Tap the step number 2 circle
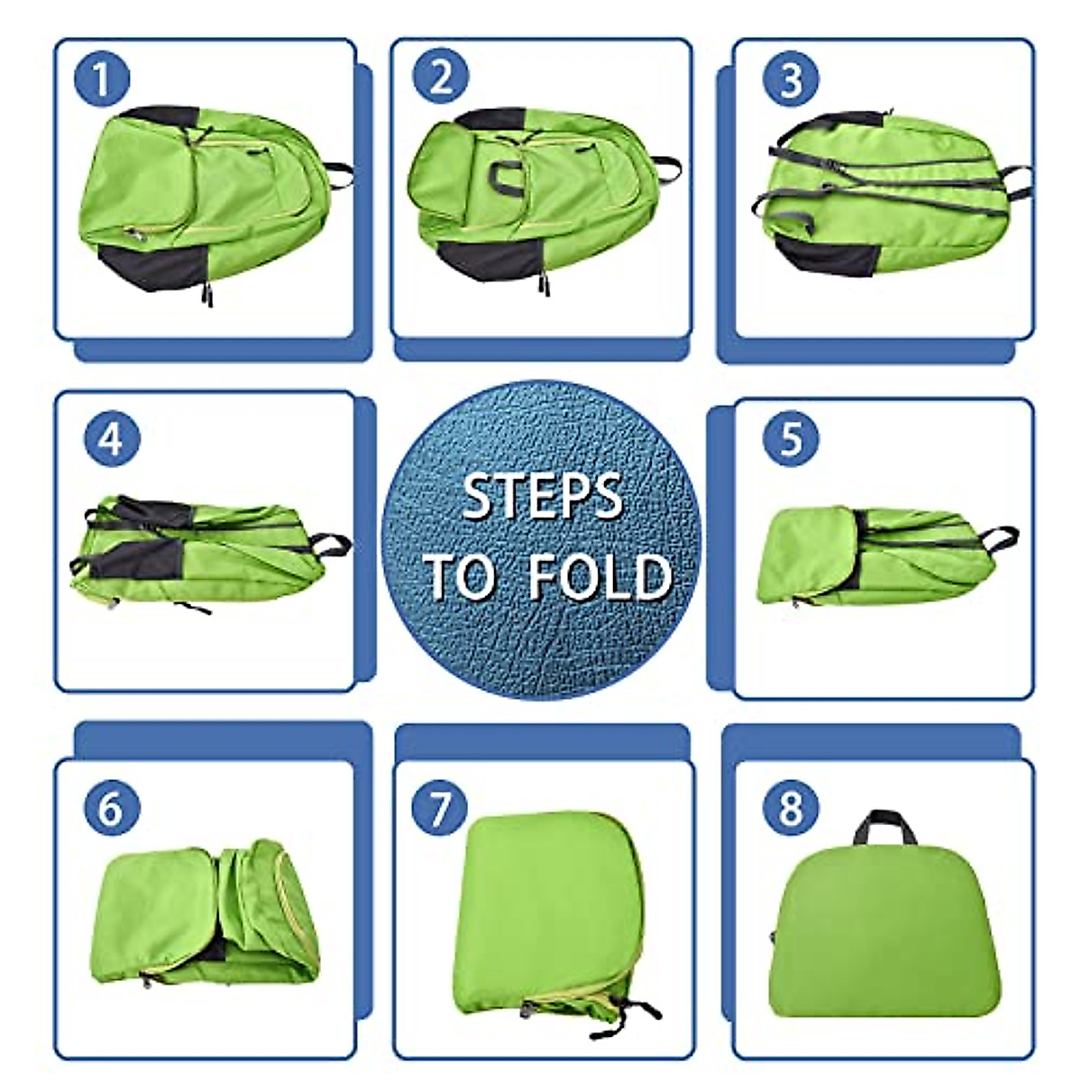click(441, 77)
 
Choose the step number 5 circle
click(791, 439)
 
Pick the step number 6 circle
click(110, 807)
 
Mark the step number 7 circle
click(439, 807)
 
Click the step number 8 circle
click(791, 807)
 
